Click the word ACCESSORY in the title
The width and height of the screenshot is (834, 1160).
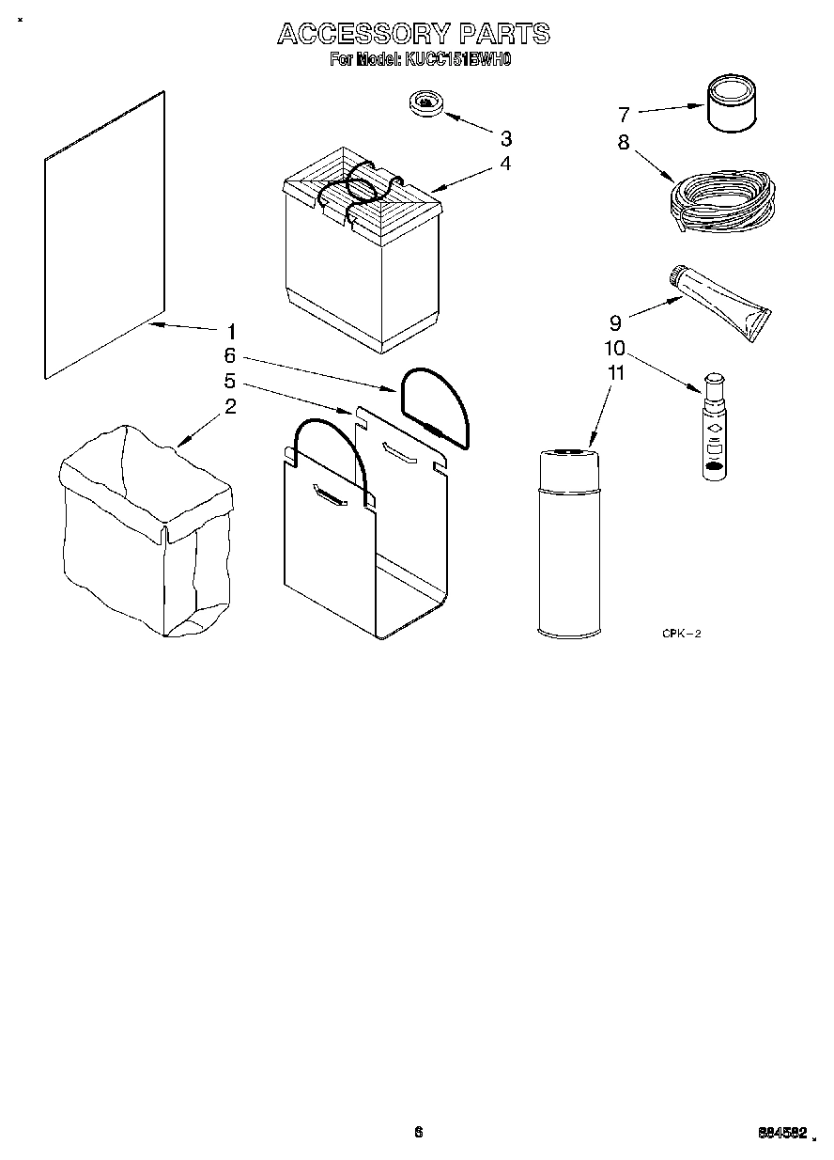(363, 35)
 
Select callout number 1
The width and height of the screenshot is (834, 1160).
(230, 331)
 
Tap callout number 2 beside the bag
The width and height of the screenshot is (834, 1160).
(229, 406)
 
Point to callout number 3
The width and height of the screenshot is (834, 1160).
(506, 138)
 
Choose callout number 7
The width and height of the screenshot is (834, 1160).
(623, 115)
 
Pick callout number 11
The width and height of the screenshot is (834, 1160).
(616, 372)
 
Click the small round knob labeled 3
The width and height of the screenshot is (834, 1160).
(427, 102)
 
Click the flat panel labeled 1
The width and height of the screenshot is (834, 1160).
(104, 235)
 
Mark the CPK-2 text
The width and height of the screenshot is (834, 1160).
(681, 635)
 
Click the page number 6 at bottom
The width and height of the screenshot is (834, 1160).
(419, 1132)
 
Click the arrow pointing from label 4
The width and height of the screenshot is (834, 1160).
(462, 177)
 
